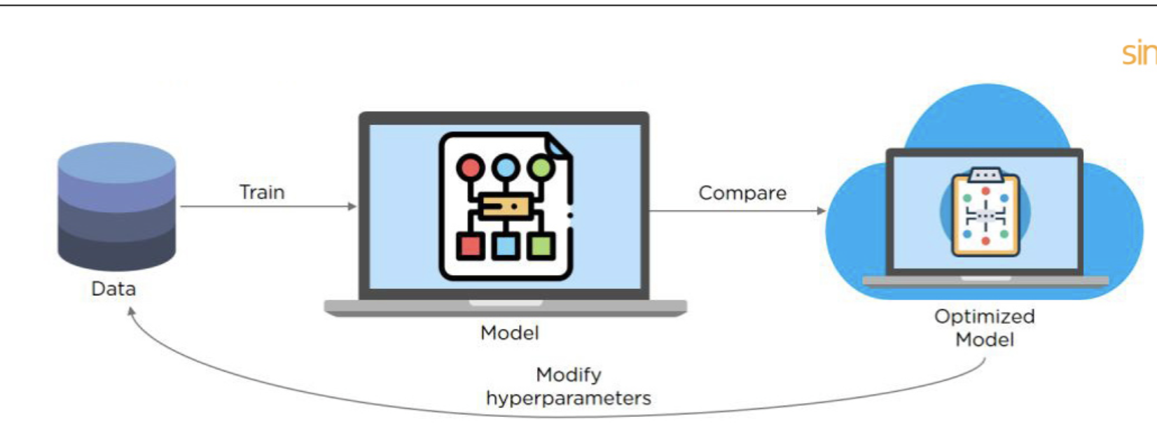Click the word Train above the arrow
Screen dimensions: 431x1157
[x=262, y=192]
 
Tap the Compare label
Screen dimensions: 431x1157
[x=742, y=193]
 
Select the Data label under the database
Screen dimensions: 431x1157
[x=113, y=288]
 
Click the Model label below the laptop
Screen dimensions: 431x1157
[x=509, y=332]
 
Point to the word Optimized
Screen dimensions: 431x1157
[x=984, y=316]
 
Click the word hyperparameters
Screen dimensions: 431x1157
[x=568, y=398]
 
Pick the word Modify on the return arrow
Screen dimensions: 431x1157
[x=568, y=375]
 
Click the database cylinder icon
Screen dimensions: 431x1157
[x=116, y=206]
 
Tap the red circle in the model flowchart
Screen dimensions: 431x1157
[x=470, y=168]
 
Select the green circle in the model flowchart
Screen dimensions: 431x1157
[x=541, y=168]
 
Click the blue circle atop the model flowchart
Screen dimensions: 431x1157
[x=505, y=168]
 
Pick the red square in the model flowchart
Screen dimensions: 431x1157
[x=470, y=246]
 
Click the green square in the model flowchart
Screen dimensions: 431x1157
[x=541, y=246]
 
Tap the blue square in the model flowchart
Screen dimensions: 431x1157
[x=505, y=246]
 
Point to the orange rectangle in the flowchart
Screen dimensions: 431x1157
[x=506, y=206]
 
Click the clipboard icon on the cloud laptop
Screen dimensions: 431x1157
[x=985, y=212]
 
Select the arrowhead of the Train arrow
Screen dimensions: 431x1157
[x=353, y=206]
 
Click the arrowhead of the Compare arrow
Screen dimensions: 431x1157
[x=822, y=211]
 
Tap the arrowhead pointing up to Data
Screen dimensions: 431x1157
[x=131, y=311]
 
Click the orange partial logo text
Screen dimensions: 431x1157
[x=1139, y=54]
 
